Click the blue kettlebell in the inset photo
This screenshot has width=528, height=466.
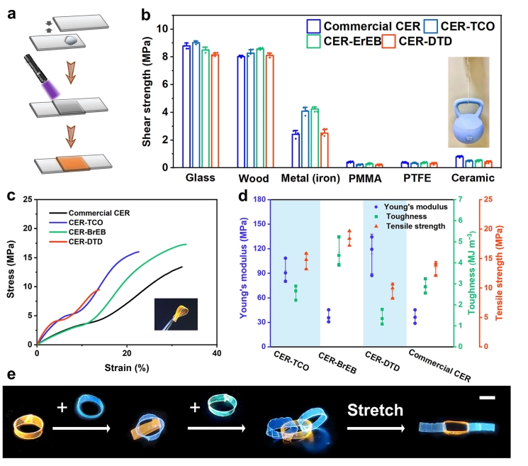(x=468, y=121)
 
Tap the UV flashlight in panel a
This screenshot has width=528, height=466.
(x=35, y=68)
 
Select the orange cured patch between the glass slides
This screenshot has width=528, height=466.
(x=73, y=163)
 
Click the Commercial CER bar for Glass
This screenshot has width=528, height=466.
(x=186, y=106)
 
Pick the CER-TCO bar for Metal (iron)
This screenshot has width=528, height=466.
(x=305, y=139)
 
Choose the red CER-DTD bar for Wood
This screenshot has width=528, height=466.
(x=269, y=111)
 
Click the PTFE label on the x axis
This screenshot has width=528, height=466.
(x=417, y=177)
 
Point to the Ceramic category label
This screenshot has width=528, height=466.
(x=473, y=177)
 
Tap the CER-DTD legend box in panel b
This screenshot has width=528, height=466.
(x=388, y=41)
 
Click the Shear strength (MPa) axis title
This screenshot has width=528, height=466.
(x=146, y=91)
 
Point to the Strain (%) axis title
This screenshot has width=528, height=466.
(x=127, y=367)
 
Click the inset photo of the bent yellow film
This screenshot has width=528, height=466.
(x=176, y=314)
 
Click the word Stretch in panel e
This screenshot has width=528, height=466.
(x=375, y=410)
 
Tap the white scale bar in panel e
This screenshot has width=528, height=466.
(x=488, y=398)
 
